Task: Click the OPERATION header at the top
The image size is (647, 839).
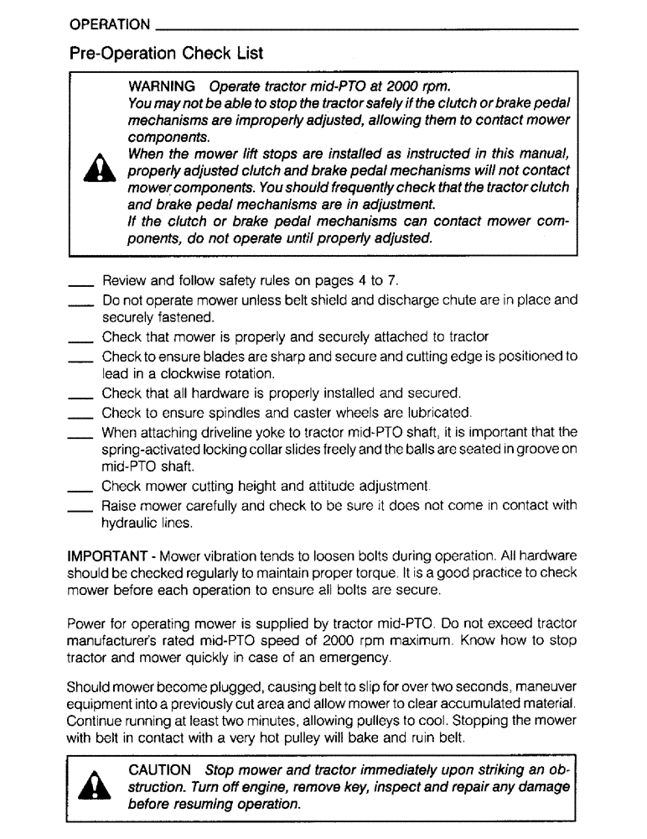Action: tap(110, 24)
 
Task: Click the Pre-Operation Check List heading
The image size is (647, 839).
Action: tap(166, 54)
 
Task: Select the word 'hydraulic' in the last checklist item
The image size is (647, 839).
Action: tap(128, 523)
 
